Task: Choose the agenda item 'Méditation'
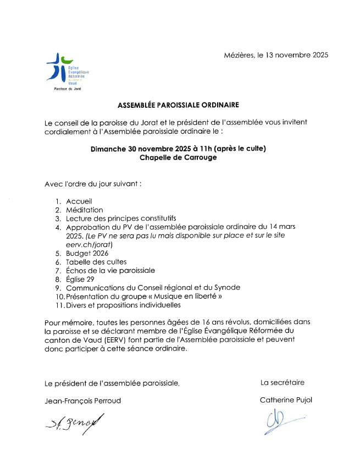(85, 210)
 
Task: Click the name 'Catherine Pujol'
(286, 400)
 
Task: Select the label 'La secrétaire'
(283, 382)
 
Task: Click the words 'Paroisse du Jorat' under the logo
(67, 89)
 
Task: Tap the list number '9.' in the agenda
(58, 288)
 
